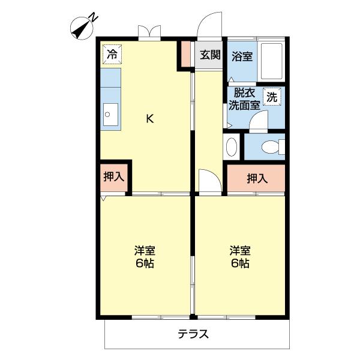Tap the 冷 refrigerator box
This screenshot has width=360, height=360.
[112, 54]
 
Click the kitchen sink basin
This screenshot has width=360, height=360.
[111, 114]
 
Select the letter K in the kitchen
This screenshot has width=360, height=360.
[150, 118]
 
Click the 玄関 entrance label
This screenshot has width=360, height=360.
[209, 55]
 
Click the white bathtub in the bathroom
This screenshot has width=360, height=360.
[274, 62]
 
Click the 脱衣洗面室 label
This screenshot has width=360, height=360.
[244, 98]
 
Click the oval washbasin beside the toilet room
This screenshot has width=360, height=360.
[232, 146]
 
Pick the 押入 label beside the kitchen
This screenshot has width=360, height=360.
[113, 177]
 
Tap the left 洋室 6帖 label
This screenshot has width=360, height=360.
[145, 257]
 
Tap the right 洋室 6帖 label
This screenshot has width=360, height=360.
[240, 257]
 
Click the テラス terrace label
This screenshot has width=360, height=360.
[193, 334]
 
